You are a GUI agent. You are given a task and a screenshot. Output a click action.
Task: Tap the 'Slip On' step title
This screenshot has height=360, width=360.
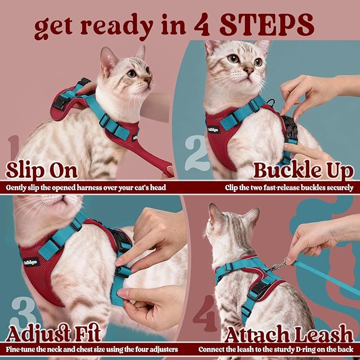coord(41,171)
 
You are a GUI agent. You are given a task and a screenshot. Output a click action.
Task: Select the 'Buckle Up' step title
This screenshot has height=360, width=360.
coord(303,171)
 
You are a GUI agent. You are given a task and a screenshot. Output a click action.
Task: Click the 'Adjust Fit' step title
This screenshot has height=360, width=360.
coord(52,334)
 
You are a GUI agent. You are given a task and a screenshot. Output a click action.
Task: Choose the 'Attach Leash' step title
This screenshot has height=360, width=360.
coord(288,334)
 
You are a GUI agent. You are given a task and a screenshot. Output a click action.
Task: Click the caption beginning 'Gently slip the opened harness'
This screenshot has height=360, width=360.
coord(87,187)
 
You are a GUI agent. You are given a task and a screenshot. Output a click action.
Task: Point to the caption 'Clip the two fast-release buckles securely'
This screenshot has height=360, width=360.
coord(289,187)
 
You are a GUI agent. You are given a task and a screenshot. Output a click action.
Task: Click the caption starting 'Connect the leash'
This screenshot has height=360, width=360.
coord(276,350)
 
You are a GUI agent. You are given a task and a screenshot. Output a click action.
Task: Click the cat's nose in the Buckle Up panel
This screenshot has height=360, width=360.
coord(248,69)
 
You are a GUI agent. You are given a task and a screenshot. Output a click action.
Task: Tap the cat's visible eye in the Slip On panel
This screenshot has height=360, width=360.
coord(131,74)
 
